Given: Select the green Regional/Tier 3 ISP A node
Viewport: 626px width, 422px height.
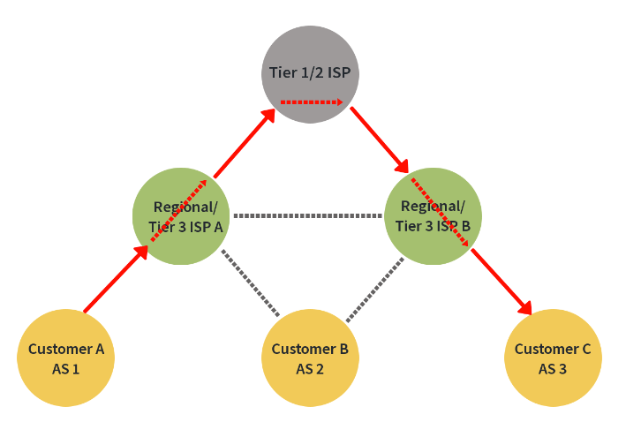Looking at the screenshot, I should click(180, 215).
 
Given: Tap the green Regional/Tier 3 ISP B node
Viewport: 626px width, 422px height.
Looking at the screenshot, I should click(434, 215).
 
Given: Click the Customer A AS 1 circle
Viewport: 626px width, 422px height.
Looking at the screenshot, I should click(66, 358).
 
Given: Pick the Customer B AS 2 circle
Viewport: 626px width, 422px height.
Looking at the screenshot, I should click(310, 358).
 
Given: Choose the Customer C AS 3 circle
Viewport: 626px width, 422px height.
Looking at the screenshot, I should click(553, 358).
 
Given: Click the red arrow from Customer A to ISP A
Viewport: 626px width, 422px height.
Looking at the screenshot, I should click(115, 281).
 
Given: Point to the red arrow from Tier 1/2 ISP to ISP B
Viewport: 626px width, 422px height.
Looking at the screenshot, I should click(380, 139).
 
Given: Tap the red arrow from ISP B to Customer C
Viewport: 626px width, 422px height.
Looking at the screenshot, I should click(501, 281).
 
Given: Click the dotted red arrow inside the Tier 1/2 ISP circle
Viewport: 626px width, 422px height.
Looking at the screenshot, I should click(311, 102).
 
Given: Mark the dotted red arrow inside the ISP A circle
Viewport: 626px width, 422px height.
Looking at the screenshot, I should click(180, 208).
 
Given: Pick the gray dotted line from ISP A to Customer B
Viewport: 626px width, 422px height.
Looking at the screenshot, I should click(250, 283).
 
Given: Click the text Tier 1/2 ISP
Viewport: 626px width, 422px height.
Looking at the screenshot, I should click(309, 72).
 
